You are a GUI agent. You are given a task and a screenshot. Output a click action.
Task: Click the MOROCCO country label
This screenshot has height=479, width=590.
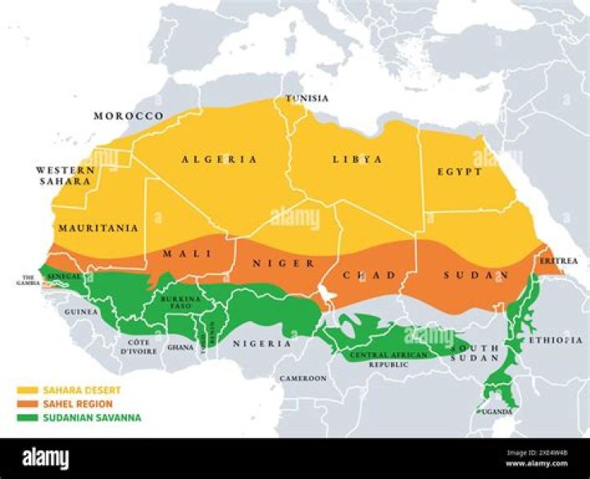tap(128, 116)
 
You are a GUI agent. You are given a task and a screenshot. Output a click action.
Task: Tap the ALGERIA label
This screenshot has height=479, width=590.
tap(219, 159)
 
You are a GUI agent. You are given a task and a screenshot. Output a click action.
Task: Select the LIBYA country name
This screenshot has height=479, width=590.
tap(356, 159)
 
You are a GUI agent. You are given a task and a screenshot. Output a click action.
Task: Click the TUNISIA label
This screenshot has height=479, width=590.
tap(306, 99)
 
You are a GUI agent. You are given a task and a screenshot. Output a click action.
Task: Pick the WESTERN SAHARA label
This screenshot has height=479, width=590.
tap(65, 175)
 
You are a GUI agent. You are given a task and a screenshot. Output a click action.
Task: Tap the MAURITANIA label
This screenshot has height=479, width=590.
tap(98, 228)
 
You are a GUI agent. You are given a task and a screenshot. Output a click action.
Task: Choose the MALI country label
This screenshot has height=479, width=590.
tap(181, 254)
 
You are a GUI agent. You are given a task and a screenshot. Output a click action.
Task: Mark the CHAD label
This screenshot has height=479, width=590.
tap(369, 275)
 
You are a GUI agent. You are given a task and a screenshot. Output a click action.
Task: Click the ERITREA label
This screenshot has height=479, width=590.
tap(558, 261)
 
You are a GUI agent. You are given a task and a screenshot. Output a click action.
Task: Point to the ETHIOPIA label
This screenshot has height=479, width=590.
tap(556, 339)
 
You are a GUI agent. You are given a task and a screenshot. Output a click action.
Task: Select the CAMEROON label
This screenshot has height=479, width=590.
tap(303, 378)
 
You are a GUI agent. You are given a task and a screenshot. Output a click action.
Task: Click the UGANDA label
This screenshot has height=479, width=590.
tap(497, 411)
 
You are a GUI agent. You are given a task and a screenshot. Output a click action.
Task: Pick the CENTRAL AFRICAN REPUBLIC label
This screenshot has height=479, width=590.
tap(388, 359)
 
